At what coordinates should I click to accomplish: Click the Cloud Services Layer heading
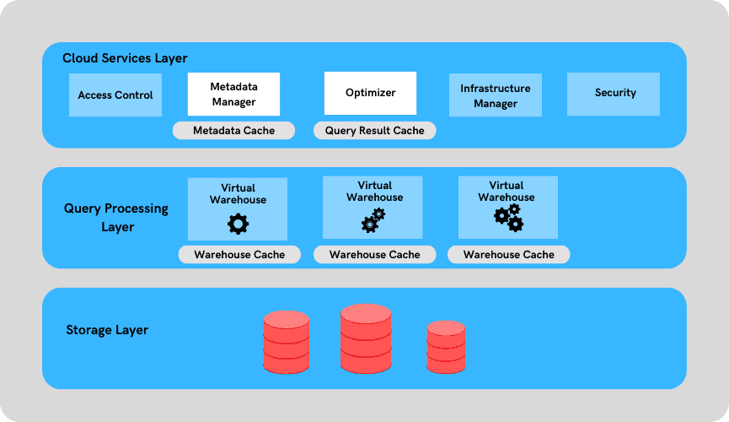coord(125,58)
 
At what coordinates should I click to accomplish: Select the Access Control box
coord(115,95)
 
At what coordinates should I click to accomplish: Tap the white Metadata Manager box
coord(233,94)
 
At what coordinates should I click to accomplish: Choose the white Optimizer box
coord(370,93)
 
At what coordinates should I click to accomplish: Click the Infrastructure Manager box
coord(495,95)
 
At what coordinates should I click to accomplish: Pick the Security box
coord(614,93)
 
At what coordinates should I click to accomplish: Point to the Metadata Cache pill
coord(233,131)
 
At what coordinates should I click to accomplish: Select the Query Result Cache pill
coord(374,131)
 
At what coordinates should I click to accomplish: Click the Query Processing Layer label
coord(116,217)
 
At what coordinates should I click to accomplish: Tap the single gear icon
coord(239,224)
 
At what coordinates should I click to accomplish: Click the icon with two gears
coord(373,220)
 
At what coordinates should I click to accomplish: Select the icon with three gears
coord(509,217)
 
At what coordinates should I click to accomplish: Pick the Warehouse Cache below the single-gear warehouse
coord(239,254)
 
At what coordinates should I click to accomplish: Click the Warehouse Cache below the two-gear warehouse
coord(374,254)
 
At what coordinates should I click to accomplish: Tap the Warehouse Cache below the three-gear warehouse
coord(508,254)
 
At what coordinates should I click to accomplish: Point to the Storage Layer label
coord(107,330)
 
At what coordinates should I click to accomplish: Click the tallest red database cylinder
coord(366,338)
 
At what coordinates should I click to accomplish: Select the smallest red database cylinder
coord(445,347)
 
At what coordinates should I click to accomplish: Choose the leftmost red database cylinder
coord(287,342)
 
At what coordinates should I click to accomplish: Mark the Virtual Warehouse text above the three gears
coord(507,191)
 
